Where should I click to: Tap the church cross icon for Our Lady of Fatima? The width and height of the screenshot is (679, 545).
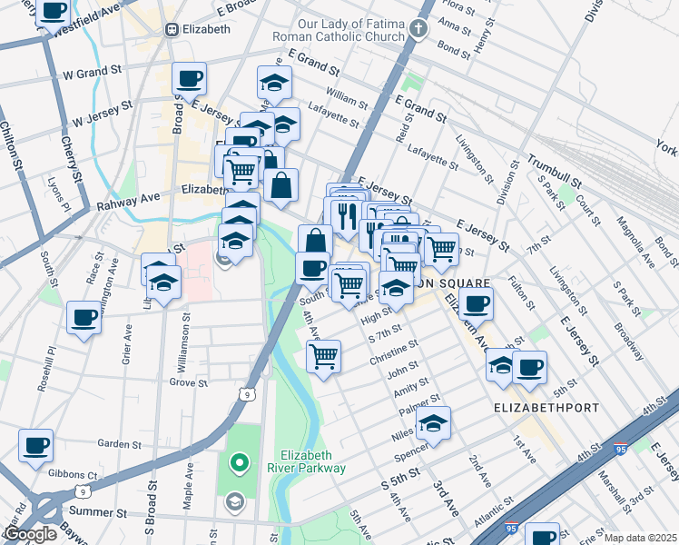[418, 29]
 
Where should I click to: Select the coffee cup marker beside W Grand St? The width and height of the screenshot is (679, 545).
[189, 78]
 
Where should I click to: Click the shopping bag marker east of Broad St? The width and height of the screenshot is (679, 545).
[281, 185]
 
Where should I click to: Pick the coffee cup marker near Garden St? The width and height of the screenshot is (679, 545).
[35, 446]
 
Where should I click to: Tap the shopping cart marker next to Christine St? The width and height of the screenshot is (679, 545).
[323, 356]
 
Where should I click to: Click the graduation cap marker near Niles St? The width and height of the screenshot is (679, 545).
[434, 424]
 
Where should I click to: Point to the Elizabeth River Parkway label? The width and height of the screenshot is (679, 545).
[313, 461]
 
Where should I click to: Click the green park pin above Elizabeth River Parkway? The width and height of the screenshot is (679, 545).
[240, 463]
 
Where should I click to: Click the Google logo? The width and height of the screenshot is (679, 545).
[30, 534]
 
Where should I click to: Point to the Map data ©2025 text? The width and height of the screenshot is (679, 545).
[639, 538]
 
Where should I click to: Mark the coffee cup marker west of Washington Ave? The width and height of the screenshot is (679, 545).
[84, 318]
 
